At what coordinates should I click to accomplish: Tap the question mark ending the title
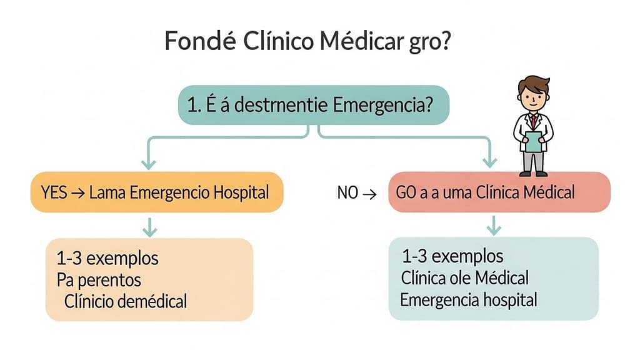click(445, 42)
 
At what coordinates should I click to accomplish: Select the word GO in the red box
click(406, 192)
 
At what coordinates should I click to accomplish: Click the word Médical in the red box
click(544, 192)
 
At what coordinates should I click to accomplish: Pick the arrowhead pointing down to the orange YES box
click(148, 164)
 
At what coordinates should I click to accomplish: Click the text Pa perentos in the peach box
click(99, 279)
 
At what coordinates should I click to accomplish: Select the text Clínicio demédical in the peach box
click(125, 301)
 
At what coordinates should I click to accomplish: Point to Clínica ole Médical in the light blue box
click(466, 277)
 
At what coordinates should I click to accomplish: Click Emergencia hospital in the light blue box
click(469, 299)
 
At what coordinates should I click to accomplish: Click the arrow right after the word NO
click(369, 194)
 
